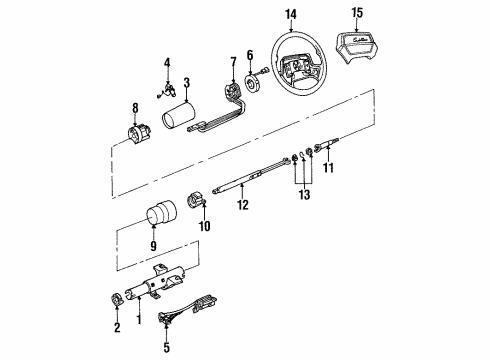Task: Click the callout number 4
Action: pyautogui.click(x=167, y=64)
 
